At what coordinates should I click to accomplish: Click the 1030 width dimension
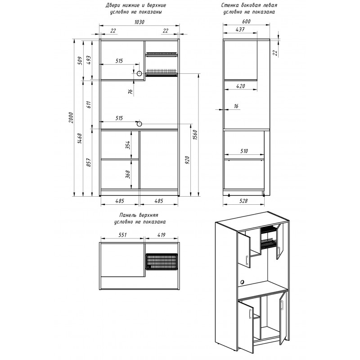click(139, 22)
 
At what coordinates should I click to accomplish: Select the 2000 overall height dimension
click(71, 117)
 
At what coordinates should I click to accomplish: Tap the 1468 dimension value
click(80, 139)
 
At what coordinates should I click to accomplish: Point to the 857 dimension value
click(89, 162)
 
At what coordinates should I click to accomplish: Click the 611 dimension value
click(89, 104)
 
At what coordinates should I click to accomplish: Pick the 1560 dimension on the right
click(195, 135)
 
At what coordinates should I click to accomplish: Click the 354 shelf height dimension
click(128, 145)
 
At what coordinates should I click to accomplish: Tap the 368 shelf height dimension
click(128, 175)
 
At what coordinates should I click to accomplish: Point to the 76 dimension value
click(130, 92)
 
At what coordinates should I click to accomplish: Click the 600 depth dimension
click(246, 21)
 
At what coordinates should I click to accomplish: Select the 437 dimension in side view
click(240, 29)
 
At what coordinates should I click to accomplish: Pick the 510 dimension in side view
click(244, 151)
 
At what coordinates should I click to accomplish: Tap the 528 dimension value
click(243, 201)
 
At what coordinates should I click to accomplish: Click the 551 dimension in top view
click(123, 235)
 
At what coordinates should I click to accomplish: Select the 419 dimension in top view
click(162, 235)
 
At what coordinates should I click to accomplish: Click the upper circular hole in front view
click(139, 74)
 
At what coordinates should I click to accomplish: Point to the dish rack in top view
click(162, 261)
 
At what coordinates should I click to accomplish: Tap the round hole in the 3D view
click(242, 282)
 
